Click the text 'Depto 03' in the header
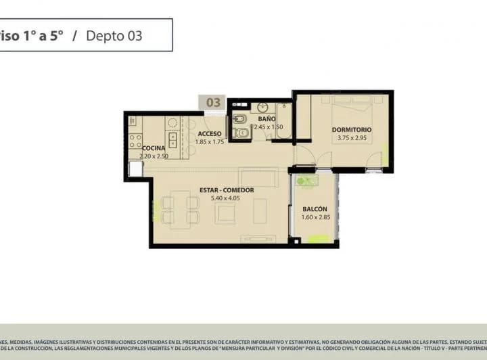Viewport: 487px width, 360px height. [114, 36]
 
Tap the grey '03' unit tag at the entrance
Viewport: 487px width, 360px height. [213, 103]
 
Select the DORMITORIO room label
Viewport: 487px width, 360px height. [352, 129]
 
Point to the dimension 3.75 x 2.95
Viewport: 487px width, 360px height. [352, 138]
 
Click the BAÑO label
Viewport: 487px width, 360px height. [266, 118]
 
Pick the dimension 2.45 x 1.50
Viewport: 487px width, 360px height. [268, 127]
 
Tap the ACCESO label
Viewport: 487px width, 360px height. [210, 133]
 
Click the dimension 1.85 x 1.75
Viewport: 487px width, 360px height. [209, 142]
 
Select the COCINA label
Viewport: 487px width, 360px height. [154, 148]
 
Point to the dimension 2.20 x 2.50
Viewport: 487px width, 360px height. [154, 156]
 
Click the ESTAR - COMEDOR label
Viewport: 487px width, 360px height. [227, 190]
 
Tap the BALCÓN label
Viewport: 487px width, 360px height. [315, 209]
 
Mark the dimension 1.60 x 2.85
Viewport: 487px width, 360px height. [315, 217]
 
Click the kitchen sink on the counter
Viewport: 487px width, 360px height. [173, 140]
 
